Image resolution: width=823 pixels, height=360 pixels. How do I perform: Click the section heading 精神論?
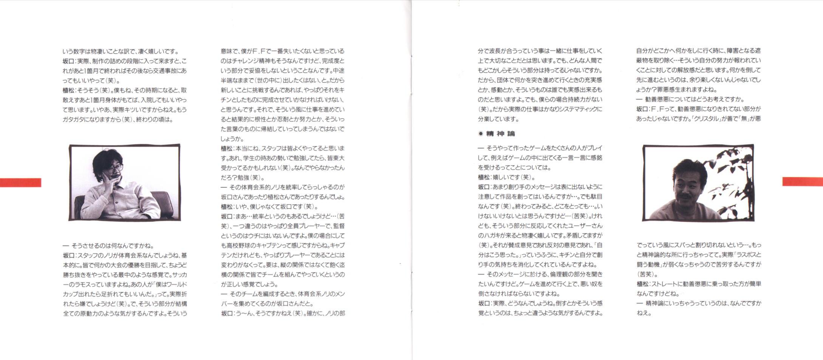(x=500, y=134)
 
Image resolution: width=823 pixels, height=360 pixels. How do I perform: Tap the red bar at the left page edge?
(x=20, y=182)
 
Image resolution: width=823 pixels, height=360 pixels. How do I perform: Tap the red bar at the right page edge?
(x=802, y=182)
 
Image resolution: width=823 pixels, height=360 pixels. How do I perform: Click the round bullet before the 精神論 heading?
(x=481, y=134)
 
